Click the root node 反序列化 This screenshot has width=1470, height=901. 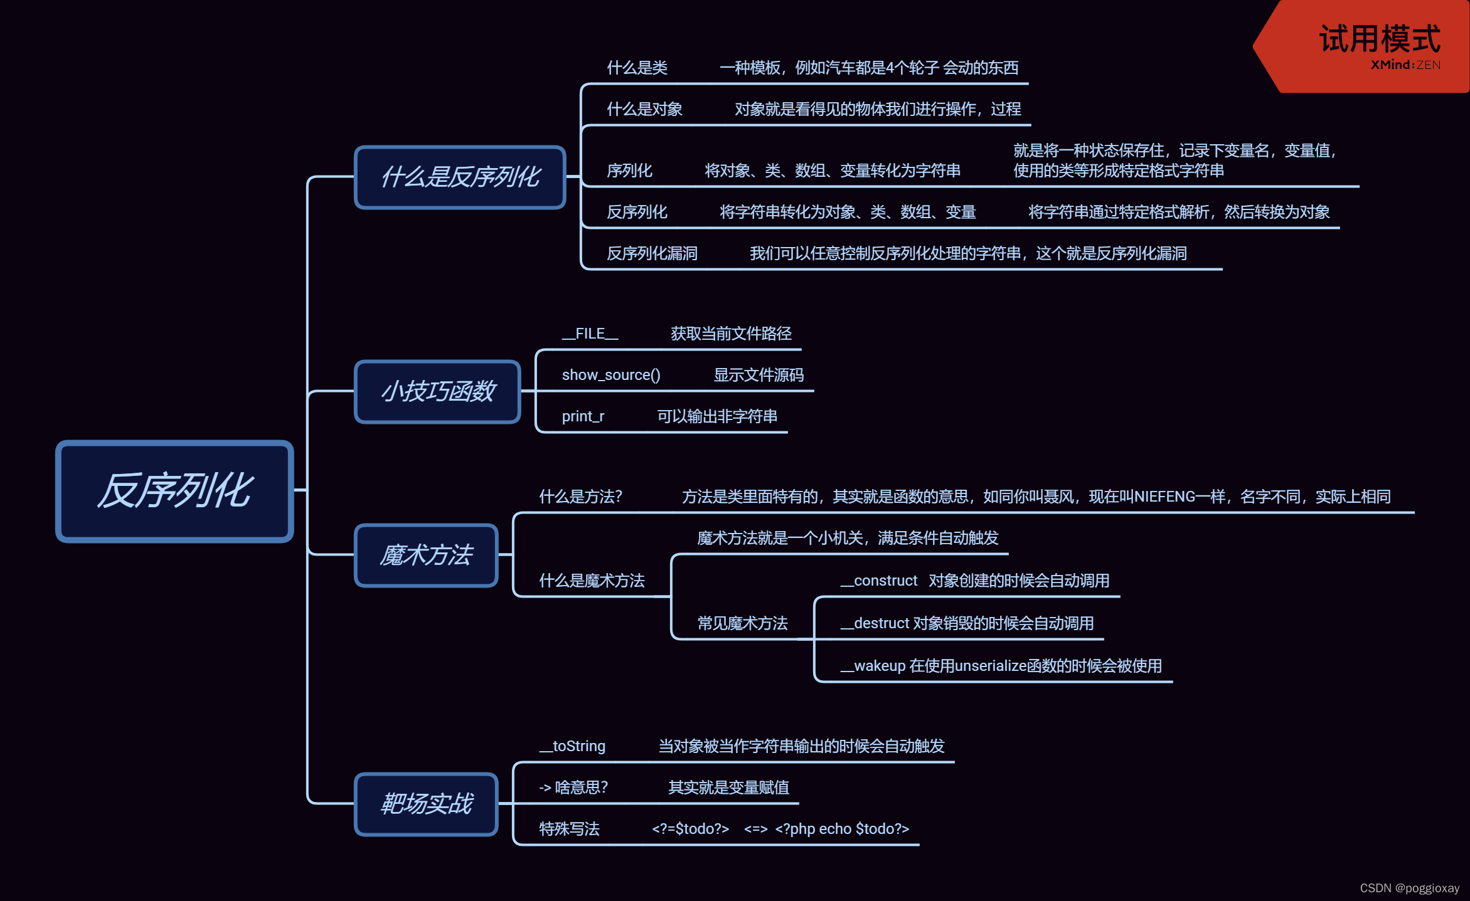click(x=174, y=491)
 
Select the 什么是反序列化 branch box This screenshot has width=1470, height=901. click(x=460, y=177)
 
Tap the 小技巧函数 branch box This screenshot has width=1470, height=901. click(x=437, y=392)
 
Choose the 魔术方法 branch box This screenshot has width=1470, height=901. click(x=426, y=556)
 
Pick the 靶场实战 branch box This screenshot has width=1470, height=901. click(x=426, y=804)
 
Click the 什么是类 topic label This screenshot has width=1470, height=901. click(x=637, y=68)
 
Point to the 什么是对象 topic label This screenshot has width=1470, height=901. click(x=644, y=109)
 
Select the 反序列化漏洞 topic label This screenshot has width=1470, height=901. click(x=652, y=253)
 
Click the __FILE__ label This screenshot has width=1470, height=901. click(x=590, y=334)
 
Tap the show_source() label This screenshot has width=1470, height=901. click(x=610, y=375)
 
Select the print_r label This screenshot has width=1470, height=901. click(x=583, y=416)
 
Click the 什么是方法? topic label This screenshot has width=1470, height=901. click(x=580, y=497)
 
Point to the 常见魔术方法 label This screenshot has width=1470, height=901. click(x=742, y=623)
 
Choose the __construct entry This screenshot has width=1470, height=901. click(x=879, y=581)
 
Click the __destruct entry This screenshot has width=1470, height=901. click(x=875, y=623)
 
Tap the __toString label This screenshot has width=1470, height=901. click(x=572, y=746)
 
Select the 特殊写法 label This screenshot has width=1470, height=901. click(x=569, y=829)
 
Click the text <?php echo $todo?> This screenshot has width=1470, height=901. click(x=842, y=829)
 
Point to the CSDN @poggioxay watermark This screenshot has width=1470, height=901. click(x=1409, y=888)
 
